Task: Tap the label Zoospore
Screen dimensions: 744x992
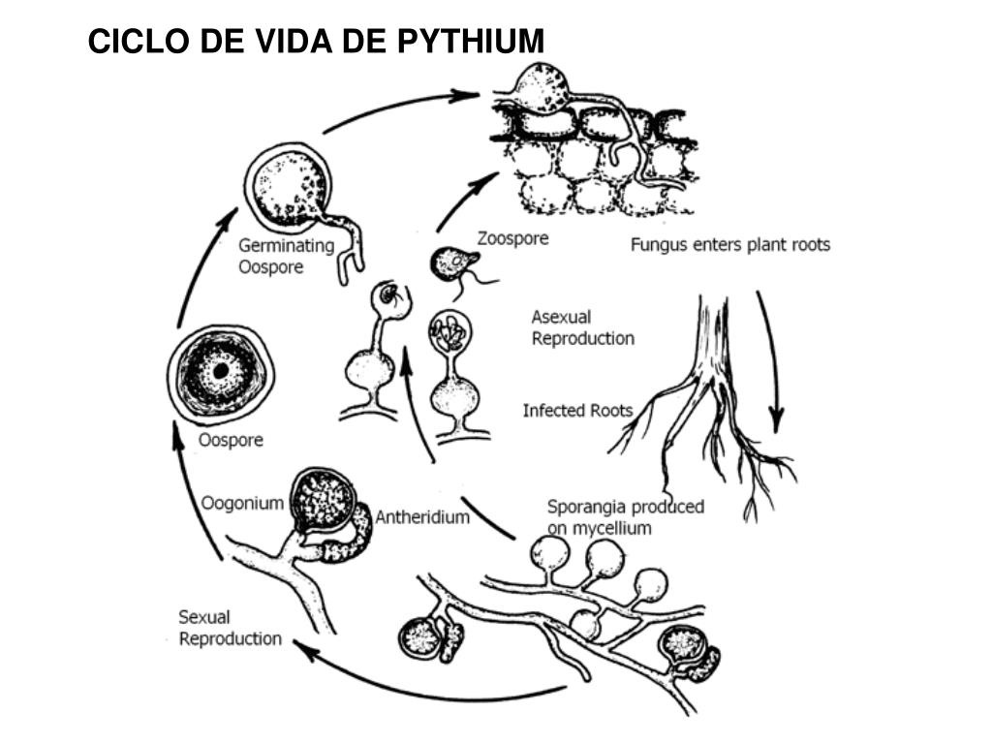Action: (x=512, y=238)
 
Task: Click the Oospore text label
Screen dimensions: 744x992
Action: (x=231, y=441)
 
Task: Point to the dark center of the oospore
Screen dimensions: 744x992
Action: (x=221, y=371)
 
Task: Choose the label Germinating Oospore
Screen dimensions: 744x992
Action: (x=286, y=256)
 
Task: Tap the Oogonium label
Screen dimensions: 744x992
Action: (x=242, y=503)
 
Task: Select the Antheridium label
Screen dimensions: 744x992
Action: (x=422, y=516)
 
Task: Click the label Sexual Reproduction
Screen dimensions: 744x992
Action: (x=230, y=628)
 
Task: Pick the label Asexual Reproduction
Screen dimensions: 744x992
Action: (x=582, y=327)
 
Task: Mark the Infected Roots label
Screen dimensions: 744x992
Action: (x=577, y=411)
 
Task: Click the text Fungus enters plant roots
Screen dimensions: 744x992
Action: (x=730, y=244)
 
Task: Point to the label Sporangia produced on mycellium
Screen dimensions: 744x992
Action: (x=625, y=516)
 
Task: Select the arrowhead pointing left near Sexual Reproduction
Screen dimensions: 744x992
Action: (x=302, y=648)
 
